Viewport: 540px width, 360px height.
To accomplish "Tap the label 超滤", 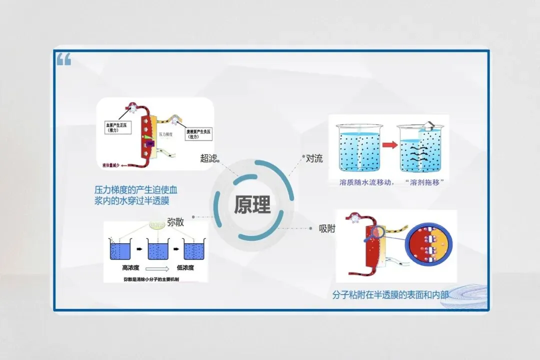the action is pos(208,158).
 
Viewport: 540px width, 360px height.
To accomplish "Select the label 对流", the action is pos(314,159).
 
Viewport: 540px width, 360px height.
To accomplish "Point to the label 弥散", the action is pos(175,222).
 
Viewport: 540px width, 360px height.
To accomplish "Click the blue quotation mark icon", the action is pos(63,60).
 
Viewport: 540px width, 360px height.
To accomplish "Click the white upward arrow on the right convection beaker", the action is pos(428,125).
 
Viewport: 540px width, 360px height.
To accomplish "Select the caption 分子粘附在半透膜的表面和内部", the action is pos(390,294).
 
